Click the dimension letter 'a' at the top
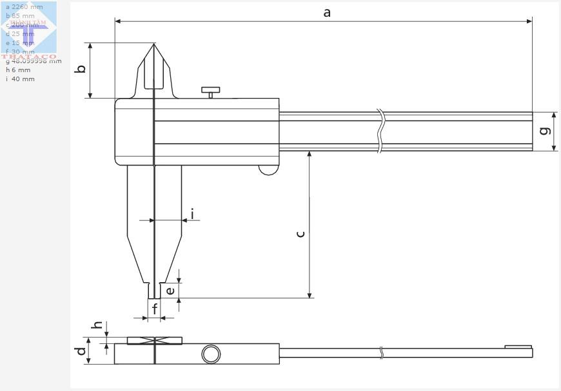coord(327,12)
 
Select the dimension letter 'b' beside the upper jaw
coord(81,68)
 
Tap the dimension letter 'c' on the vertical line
coord(300,234)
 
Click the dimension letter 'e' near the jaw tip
coord(170,291)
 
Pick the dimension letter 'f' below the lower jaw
coord(155,309)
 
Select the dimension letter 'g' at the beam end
coord(545,131)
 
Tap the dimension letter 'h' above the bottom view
coord(97,326)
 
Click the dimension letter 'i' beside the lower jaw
coord(192,214)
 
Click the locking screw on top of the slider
coord(210,92)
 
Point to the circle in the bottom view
coord(211,354)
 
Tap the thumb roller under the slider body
coord(268,170)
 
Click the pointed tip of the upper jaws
coord(154,44)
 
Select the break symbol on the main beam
coord(381,131)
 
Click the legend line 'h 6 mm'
coord(18,70)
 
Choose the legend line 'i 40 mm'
coord(20,79)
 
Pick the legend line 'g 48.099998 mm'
coord(34,61)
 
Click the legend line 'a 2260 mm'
coord(25,7)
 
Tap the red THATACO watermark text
coord(28,57)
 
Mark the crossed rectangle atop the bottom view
coord(155,340)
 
